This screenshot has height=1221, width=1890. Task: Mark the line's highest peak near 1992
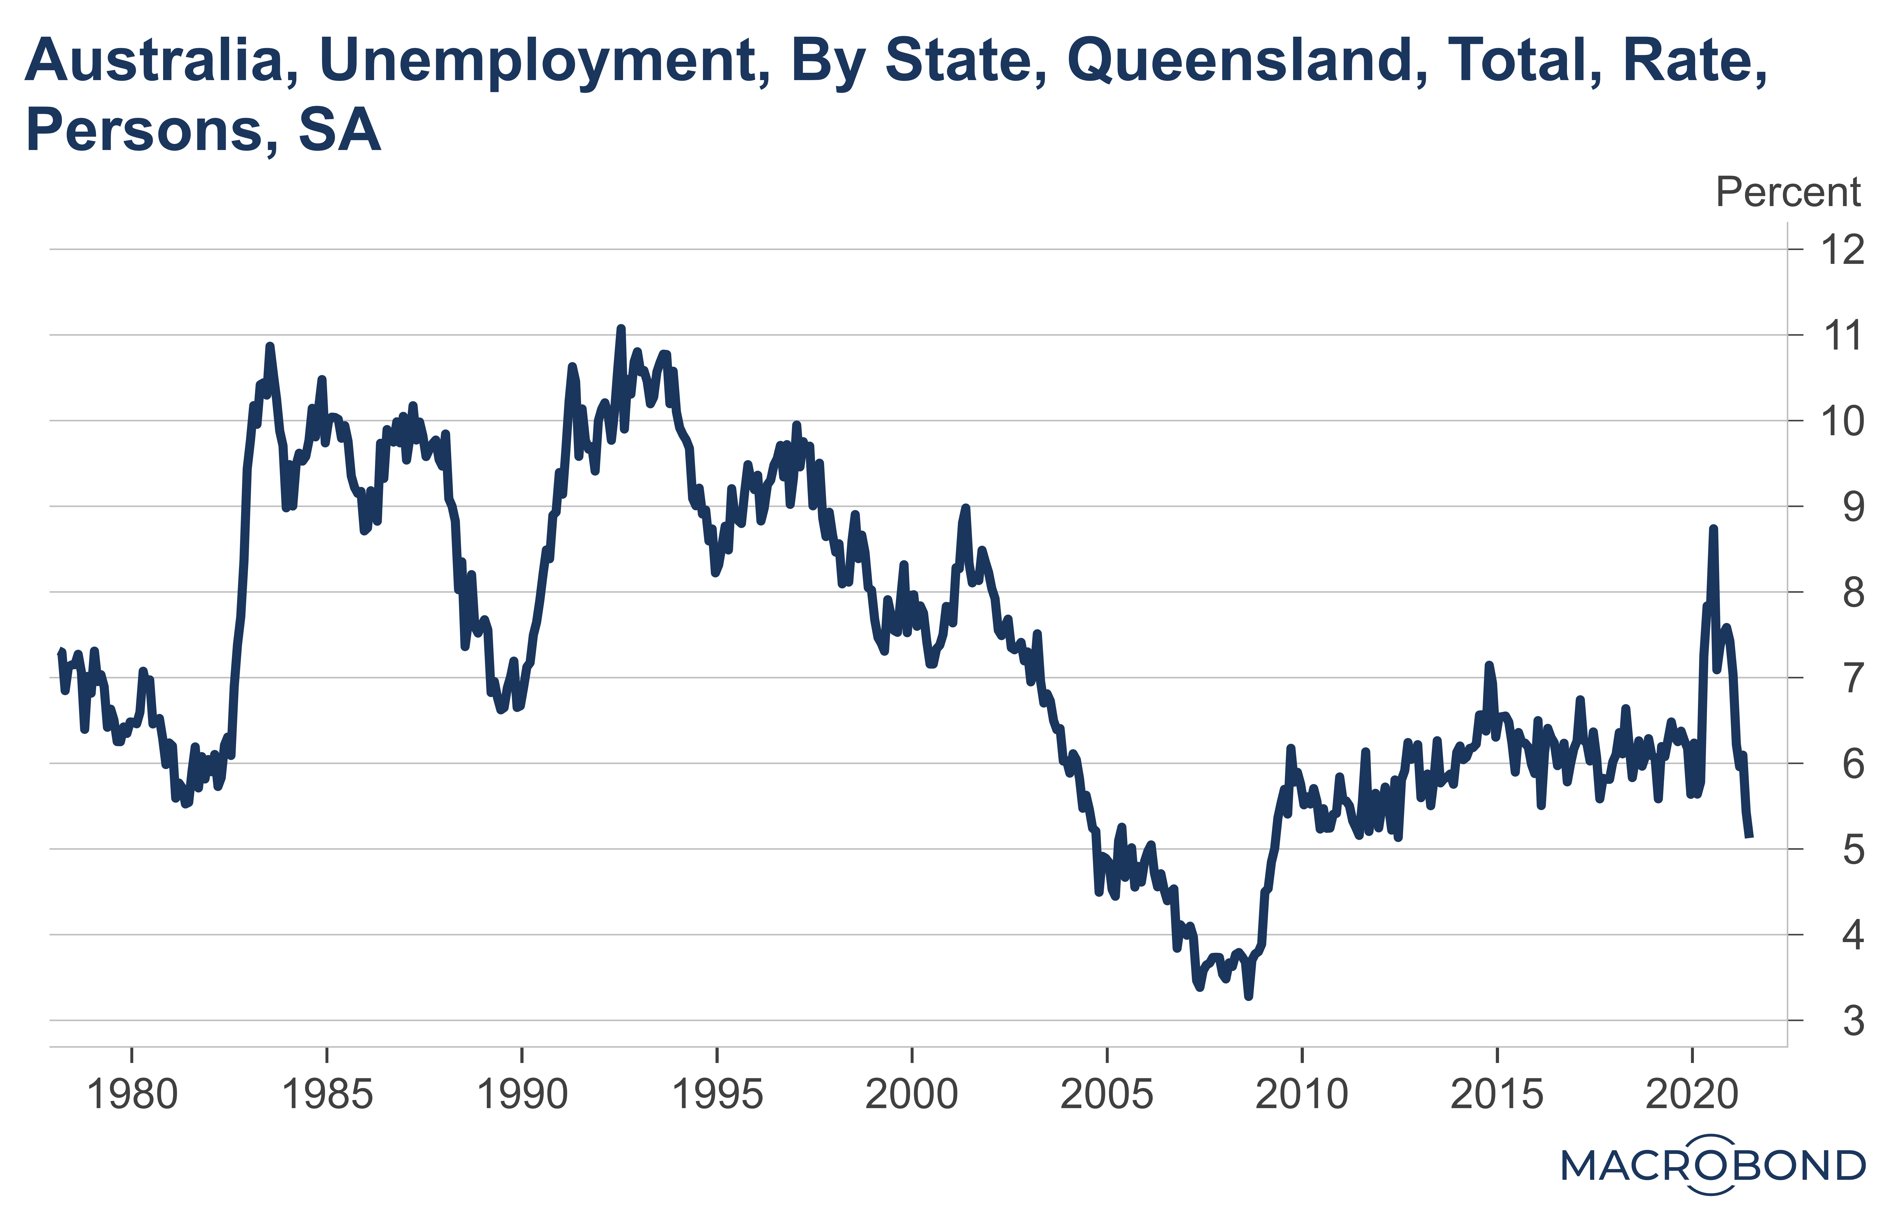(x=621, y=328)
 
